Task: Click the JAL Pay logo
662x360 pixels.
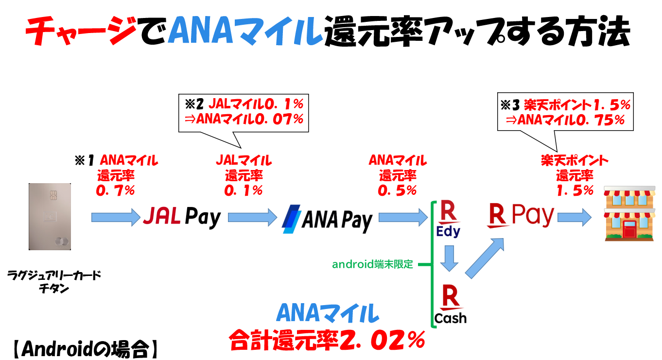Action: pyautogui.click(x=182, y=217)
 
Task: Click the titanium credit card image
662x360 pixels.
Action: pyautogui.click(x=50, y=216)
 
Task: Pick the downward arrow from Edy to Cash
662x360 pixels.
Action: pyautogui.click(x=449, y=259)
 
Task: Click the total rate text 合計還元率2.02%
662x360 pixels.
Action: pyautogui.click(x=327, y=340)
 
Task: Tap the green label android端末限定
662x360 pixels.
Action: pyautogui.click(x=372, y=264)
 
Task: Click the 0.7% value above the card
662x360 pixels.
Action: pyautogui.click(x=116, y=190)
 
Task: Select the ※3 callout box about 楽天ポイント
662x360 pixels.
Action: pyautogui.click(x=566, y=111)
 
